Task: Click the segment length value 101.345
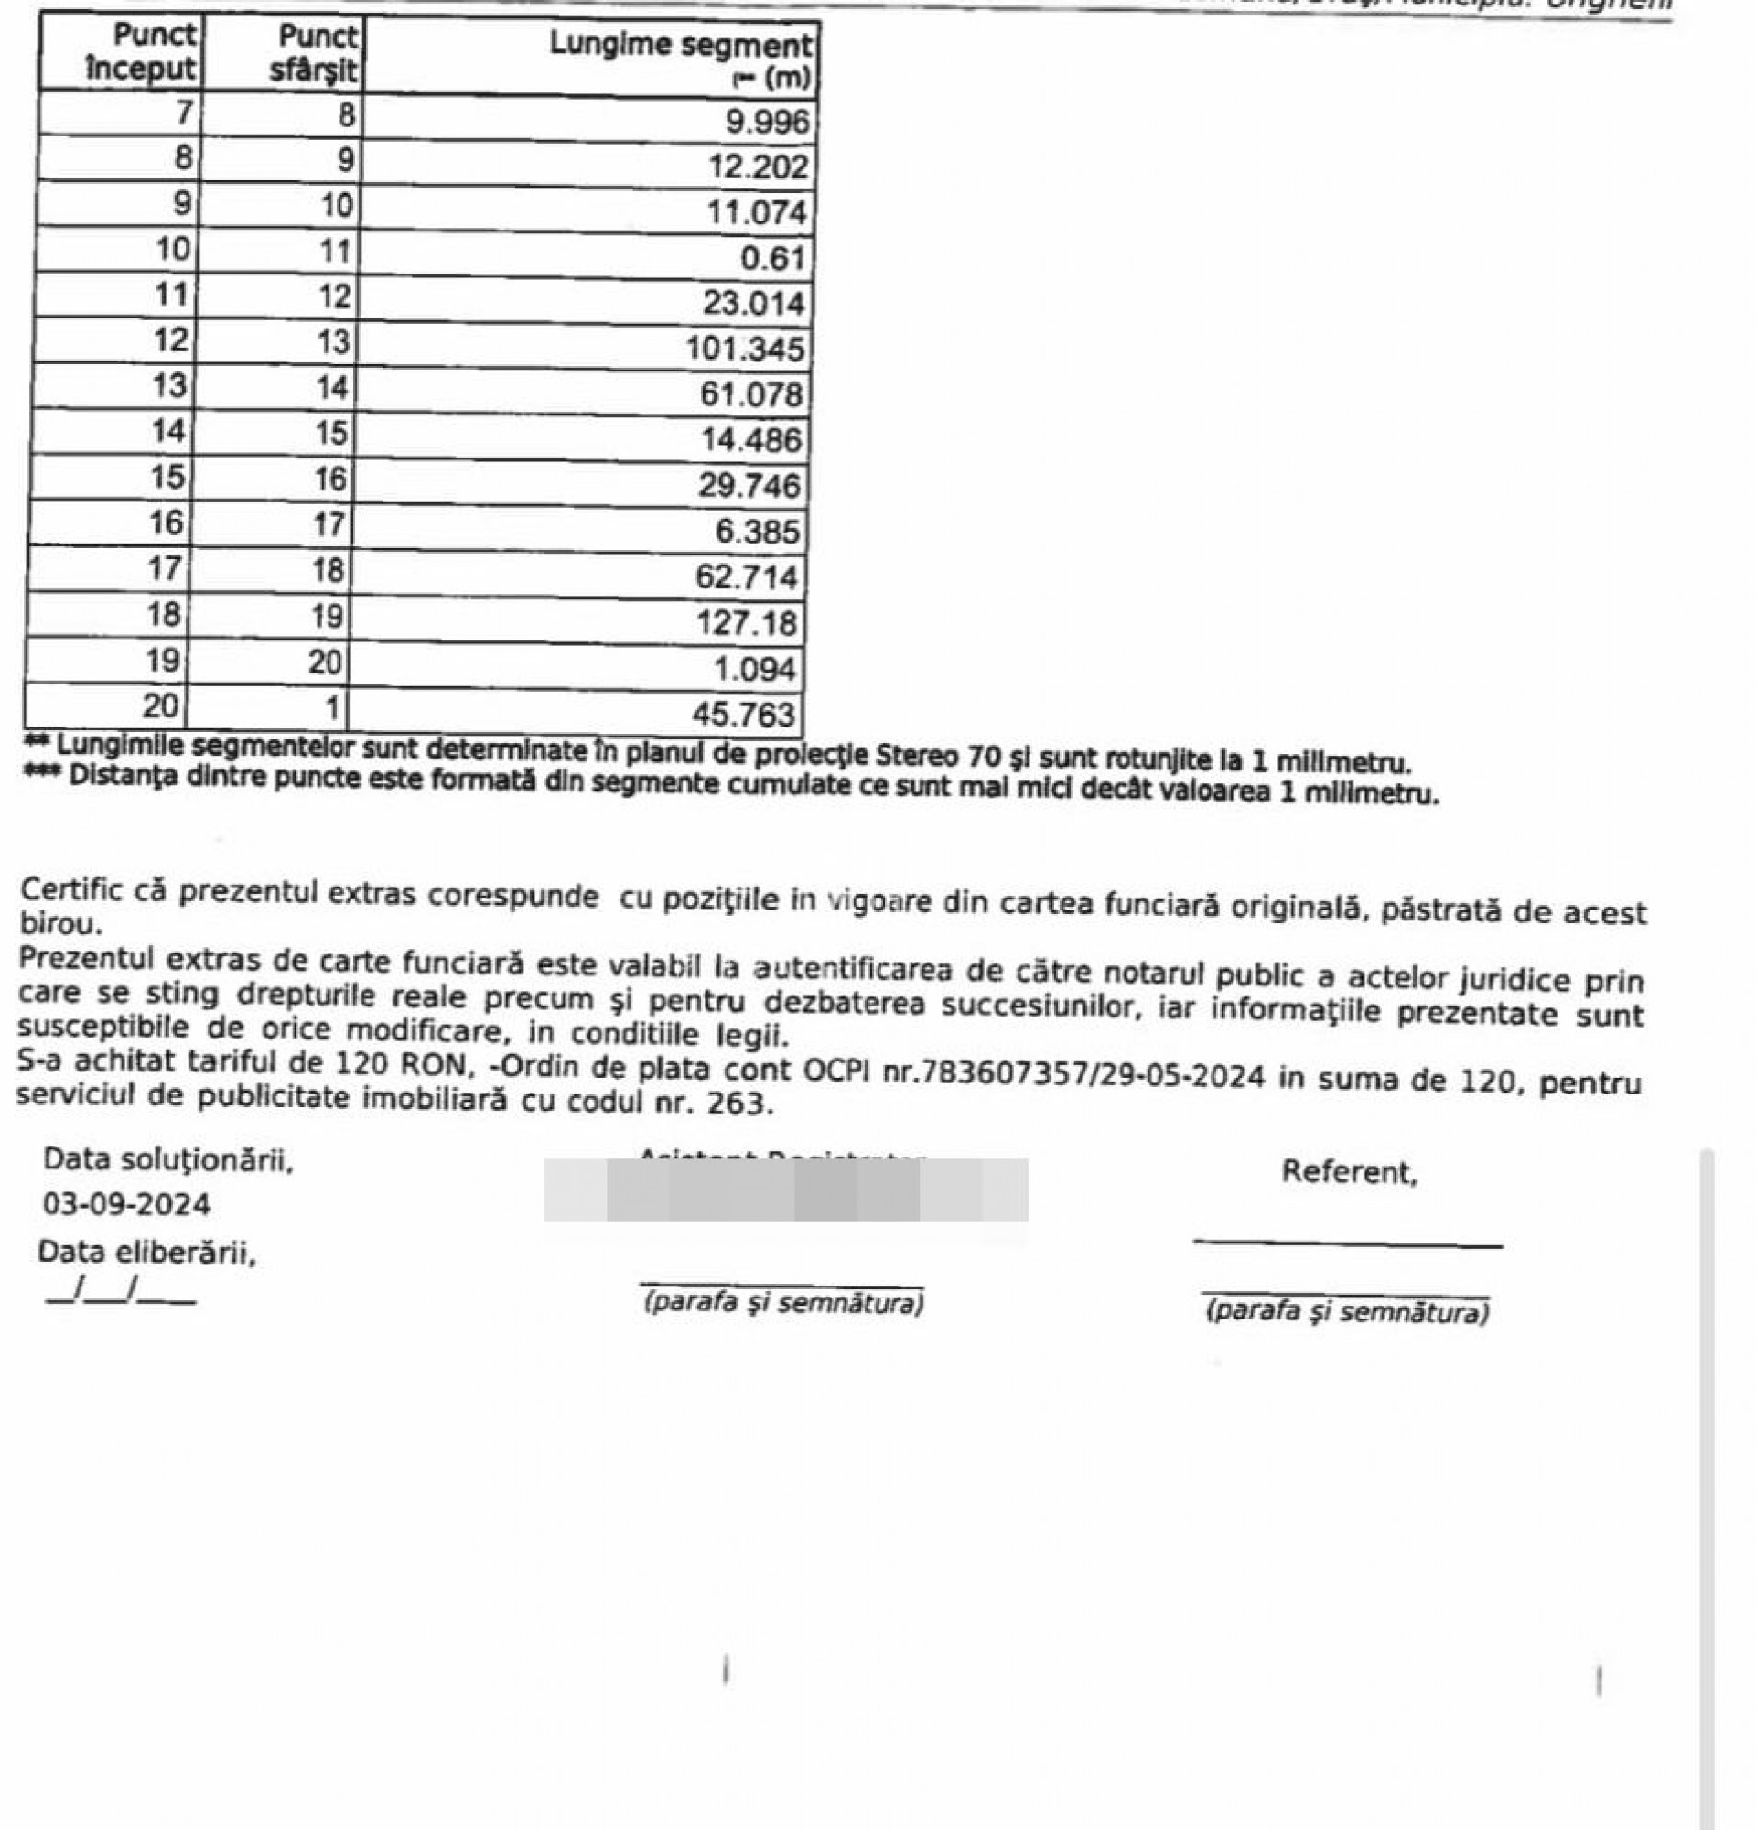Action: click(x=744, y=349)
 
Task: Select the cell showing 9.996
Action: click(x=768, y=122)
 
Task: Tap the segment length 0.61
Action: click(x=772, y=258)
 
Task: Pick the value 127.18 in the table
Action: click(x=747, y=622)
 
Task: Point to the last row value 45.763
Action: click(x=743, y=715)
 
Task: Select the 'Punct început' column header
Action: click(x=142, y=52)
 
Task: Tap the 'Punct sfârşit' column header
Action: click(x=314, y=53)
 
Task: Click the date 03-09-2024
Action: click(x=127, y=1204)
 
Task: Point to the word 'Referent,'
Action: click(x=1349, y=1172)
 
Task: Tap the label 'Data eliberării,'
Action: click(x=147, y=1252)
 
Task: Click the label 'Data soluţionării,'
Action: click(x=169, y=1160)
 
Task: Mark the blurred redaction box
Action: click(x=786, y=1190)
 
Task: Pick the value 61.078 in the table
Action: click(x=751, y=394)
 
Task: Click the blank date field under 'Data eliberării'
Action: click(x=122, y=1292)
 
